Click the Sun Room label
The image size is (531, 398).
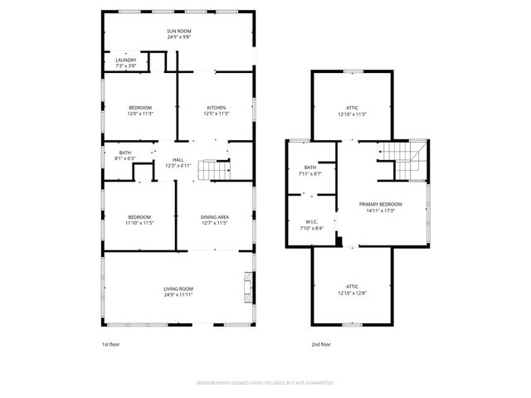click(178, 32)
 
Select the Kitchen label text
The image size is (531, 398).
click(217, 107)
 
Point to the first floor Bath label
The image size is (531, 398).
click(124, 153)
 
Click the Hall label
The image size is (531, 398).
click(178, 160)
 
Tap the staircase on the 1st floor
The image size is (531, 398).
click(217, 171)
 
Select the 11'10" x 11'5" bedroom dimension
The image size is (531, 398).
click(139, 223)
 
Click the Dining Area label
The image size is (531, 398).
click(215, 217)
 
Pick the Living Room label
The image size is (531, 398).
click(178, 289)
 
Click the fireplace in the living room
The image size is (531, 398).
click(247, 287)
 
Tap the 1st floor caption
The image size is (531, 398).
click(111, 344)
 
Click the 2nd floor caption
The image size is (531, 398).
click(321, 344)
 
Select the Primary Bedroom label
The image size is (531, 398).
click(380, 204)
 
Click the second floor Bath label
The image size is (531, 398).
click(309, 167)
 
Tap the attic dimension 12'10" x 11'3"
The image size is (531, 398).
click(352, 114)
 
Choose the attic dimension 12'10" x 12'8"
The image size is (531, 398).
click(352, 291)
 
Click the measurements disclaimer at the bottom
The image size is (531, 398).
click(265, 383)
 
